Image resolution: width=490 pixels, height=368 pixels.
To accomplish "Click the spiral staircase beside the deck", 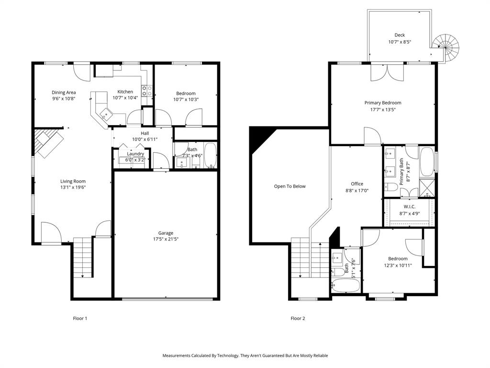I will pos(446,47).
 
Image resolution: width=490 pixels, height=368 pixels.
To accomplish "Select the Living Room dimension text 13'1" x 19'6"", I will pos(73,188).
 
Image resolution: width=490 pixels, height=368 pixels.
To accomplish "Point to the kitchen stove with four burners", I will pos(147,91).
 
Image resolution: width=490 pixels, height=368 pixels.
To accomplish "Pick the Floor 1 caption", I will pos(80,318).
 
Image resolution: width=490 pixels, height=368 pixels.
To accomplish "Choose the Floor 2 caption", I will pos(298,318).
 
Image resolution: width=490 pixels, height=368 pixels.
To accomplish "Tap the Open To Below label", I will pos(290,186).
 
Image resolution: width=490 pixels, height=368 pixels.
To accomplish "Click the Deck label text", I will pos(400,35).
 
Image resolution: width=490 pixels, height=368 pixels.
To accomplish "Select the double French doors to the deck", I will pos(388,72).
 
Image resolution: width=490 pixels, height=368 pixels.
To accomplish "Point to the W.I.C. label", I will pos(410,207).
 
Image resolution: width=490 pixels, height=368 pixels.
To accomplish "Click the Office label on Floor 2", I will pos(357,184).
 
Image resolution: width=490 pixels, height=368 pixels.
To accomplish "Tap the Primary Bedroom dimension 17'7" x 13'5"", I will pos(383,109).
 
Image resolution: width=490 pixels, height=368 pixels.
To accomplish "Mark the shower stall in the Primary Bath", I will pos(427,187).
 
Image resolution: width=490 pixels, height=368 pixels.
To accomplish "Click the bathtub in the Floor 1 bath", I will pos(211,156).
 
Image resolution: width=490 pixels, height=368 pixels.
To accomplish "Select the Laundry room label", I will pos(135,154).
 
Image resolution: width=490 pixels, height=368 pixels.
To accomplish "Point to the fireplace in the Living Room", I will pos(48,142).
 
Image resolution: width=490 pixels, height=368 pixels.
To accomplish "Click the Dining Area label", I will pos(64,92).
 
